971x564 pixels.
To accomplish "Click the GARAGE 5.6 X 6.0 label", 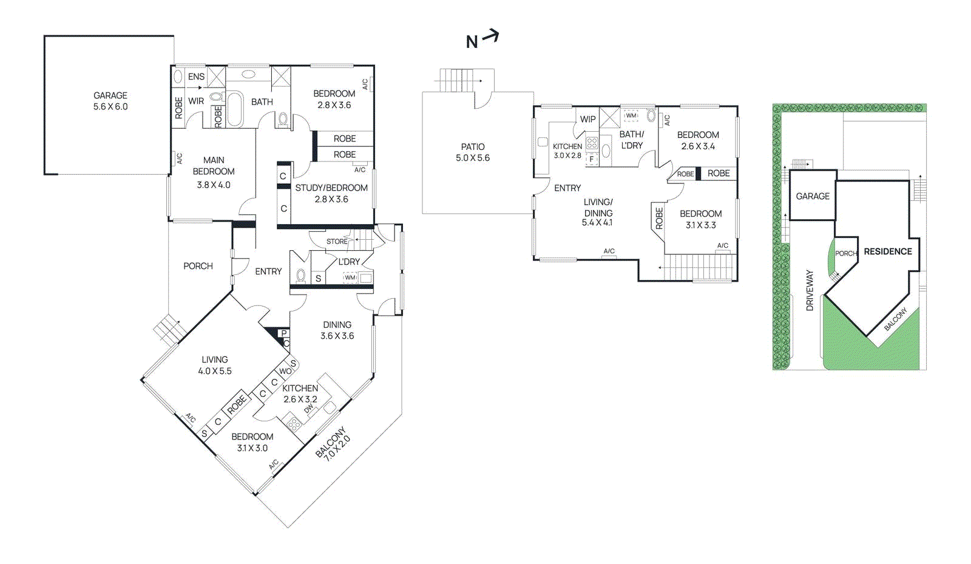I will [x=110, y=101].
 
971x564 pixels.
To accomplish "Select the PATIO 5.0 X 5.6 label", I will [x=473, y=152].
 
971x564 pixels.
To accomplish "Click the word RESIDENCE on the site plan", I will [x=888, y=251].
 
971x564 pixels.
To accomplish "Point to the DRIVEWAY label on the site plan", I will [x=810, y=291].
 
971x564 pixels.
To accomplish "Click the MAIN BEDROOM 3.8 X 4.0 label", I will [x=214, y=172].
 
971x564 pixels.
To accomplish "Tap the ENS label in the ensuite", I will [x=196, y=76].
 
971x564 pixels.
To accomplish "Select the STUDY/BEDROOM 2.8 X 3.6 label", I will [x=331, y=193].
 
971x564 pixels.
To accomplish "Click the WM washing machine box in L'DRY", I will [x=350, y=277].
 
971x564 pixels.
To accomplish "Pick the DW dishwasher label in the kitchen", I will [x=310, y=409].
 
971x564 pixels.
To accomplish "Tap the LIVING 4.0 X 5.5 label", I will [x=215, y=365].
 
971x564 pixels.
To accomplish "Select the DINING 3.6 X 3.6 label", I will [x=337, y=330].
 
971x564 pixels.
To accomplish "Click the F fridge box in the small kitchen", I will [x=592, y=159].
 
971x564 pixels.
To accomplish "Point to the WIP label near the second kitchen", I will [x=587, y=119].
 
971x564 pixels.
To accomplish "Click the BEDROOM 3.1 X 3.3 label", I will [x=700, y=219].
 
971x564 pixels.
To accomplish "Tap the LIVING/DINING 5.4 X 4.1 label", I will [x=598, y=212].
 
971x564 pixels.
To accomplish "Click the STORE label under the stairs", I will [x=337, y=241].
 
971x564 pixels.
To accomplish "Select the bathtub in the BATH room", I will [x=235, y=109].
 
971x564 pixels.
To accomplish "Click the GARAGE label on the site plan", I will [x=813, y=196].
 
